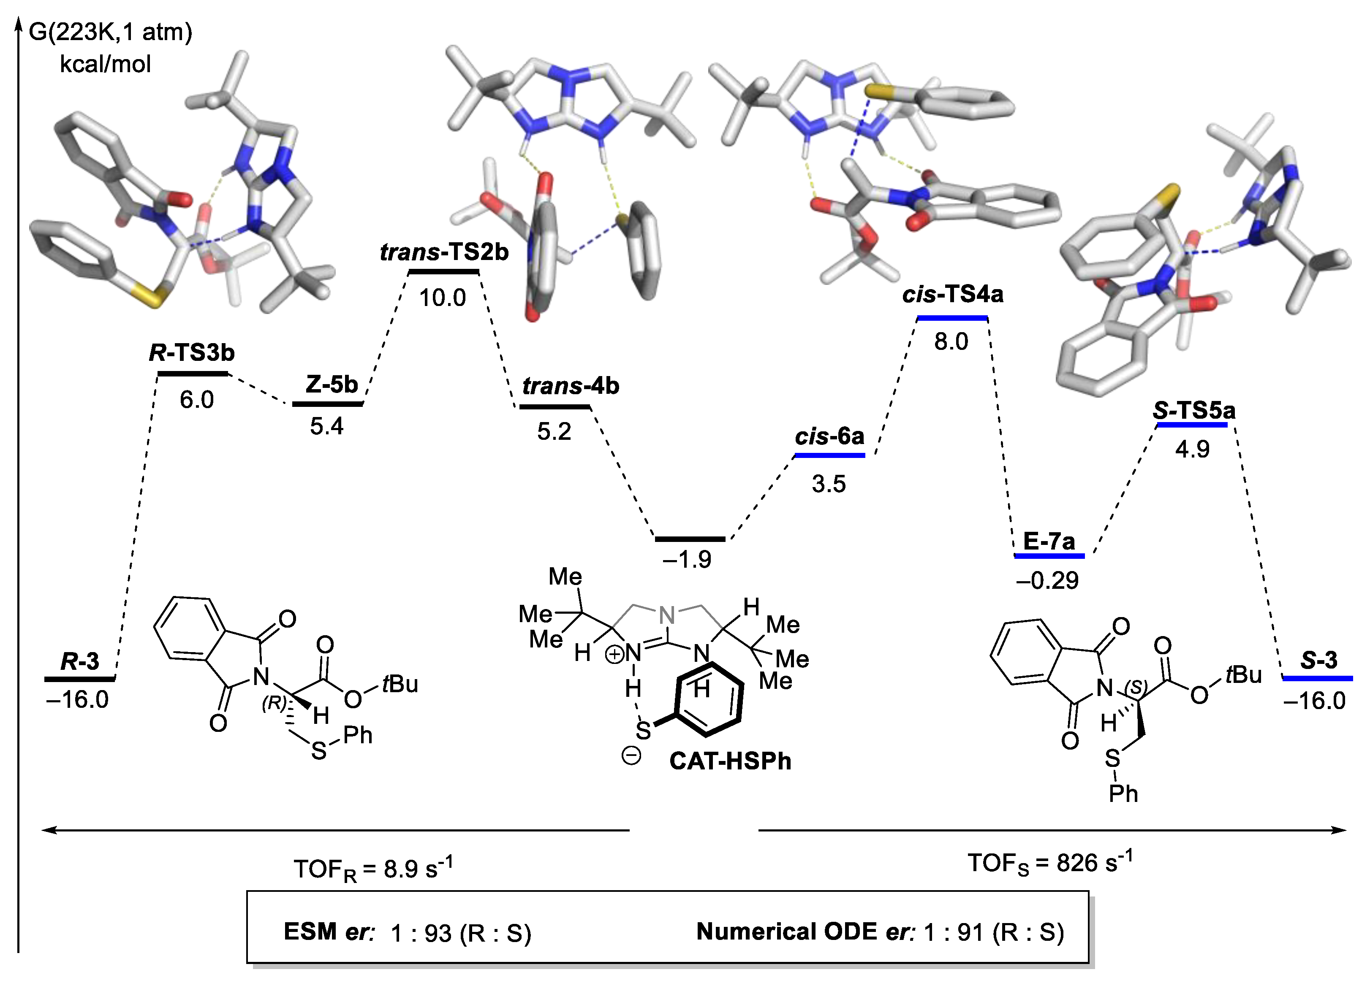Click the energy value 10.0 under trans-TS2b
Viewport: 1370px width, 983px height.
coord(442,298)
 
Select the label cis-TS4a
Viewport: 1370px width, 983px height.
coord(953,294)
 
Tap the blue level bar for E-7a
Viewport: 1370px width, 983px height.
coord(1049,555)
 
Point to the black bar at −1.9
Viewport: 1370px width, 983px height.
coord(690,539)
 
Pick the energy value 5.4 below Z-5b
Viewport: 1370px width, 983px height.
coord(327,426)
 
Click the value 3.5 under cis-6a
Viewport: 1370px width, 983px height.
coord(828,484)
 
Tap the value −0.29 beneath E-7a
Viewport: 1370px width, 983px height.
coord(1047,580)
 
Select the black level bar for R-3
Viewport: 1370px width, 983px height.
coord(79,679)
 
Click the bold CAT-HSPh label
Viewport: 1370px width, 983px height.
coord(730,761)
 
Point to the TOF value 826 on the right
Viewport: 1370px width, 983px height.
coord(1077,864)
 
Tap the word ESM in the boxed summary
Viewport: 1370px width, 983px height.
coord(310,932)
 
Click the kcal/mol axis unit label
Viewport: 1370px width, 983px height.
coord(105,64)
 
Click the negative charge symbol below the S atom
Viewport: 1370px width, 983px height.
coord(631,756)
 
